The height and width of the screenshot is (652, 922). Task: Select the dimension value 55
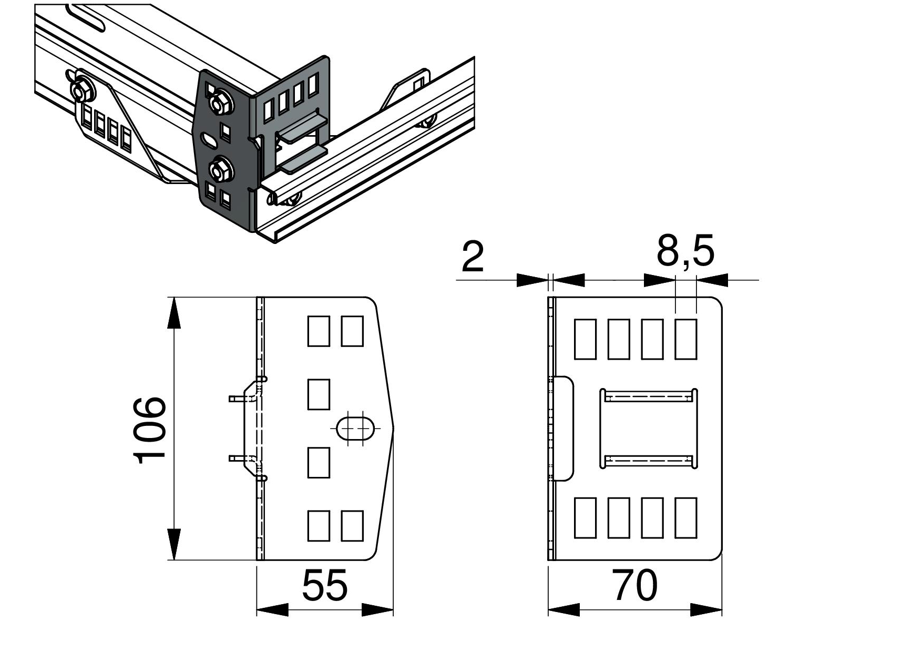pyautogui.click(x=324, y=585)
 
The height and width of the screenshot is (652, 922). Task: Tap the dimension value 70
pyautogui.click(x=634, y=585)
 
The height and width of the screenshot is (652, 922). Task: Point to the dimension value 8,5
pyautogui.click(x=685, y=251)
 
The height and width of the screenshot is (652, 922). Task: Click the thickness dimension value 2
pyautogui.click(x=473, y=257)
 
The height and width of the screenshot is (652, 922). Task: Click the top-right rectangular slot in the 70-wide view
pyautogui.click(x=685, y=339)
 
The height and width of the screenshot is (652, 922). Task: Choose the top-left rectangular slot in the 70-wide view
pyautogui.click(x=585, y=339)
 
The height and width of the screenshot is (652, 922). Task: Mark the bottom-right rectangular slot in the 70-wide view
pyautogui.click(x=685, y=518)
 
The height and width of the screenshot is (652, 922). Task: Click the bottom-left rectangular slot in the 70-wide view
pyautogui.click(x=585, y=518)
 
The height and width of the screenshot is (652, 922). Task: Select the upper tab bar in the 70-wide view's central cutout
pyautogui.click(x=648, y=395)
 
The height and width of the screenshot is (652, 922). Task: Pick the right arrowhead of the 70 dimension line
pyautogui.click(x=707, y=610)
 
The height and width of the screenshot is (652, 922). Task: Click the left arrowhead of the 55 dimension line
pyautogui.click(x=271, y=610)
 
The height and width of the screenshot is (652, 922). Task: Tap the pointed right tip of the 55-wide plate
pyautogui.click(x=393, y=429)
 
